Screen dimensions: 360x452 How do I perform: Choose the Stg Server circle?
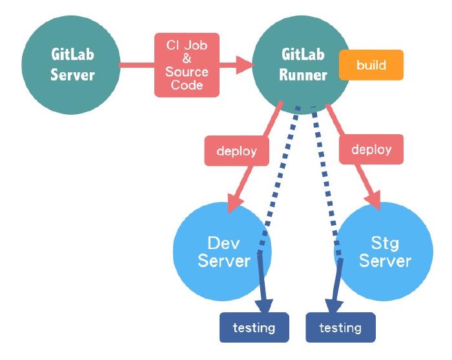(x=384, y=252)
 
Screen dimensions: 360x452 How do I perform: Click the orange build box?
(x=371, y=66)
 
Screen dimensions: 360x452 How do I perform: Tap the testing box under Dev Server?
(x=253, y=328)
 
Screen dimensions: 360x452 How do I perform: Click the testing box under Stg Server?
(x=340, y=328)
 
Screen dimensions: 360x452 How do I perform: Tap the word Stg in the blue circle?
(x=385, y=243)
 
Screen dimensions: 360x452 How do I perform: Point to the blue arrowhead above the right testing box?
(x=333, y=304)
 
